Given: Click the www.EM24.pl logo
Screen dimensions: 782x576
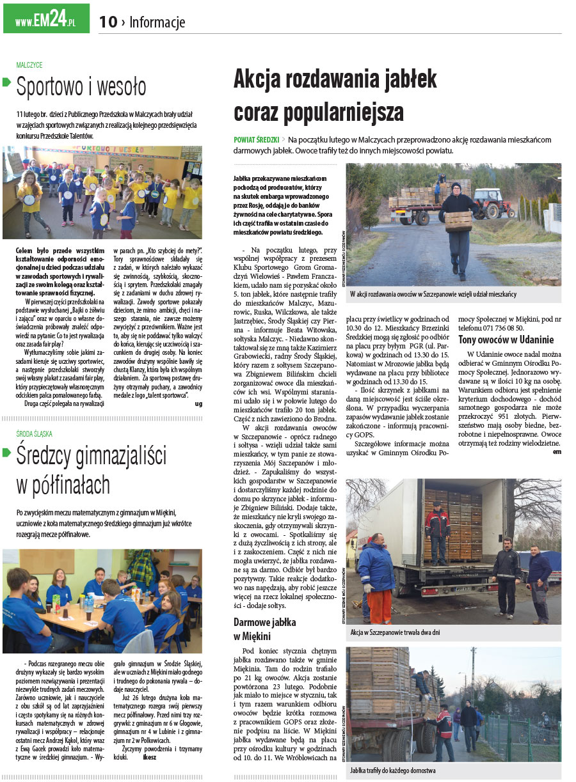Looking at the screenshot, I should (x=46, y=22).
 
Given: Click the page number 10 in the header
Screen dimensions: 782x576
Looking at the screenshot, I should (x=108, y=22).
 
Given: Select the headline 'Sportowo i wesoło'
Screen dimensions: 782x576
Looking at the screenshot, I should (x=81, y=87).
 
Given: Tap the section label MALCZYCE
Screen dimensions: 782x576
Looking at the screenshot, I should (x=29, y=65).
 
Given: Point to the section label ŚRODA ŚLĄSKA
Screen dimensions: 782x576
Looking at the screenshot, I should (x=35, y=434).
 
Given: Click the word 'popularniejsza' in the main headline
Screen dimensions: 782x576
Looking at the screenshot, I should (x=319, y=112).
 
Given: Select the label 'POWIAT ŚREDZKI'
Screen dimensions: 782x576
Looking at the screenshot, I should (x=256, y=139).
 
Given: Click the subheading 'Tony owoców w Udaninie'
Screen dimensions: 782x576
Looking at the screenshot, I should (x=506, y=340).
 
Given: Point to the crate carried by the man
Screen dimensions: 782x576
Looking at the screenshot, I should (x=459, y=221).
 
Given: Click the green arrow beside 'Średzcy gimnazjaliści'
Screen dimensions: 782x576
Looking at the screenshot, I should (x=7, y=453).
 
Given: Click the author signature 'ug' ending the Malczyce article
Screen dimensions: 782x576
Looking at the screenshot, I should (x=198, y=403).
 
